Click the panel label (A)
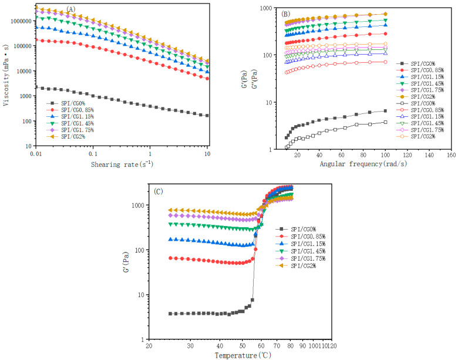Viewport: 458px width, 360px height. click(70, 9)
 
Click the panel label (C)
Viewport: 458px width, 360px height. click(159, 191)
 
